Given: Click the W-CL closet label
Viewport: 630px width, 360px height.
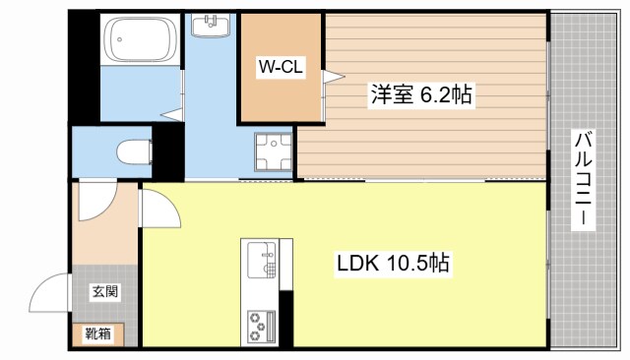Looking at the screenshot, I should pos(282,67).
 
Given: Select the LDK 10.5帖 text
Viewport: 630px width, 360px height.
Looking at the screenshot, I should pos(394,264).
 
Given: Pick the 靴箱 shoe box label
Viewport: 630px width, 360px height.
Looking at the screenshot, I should pos(97,333).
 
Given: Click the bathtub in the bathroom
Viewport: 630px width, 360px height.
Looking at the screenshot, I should pos(141,42).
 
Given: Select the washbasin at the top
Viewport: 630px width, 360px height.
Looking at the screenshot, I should pos(210,24).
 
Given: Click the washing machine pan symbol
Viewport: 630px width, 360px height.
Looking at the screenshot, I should pos(270,153).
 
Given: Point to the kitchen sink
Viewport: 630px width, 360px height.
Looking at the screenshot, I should pos(262,261).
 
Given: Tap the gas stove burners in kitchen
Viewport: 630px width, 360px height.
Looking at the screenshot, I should pos(262,324).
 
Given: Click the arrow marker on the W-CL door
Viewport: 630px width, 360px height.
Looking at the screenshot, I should pos(333,75).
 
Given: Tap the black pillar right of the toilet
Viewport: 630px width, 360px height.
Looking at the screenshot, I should pos(169,150).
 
